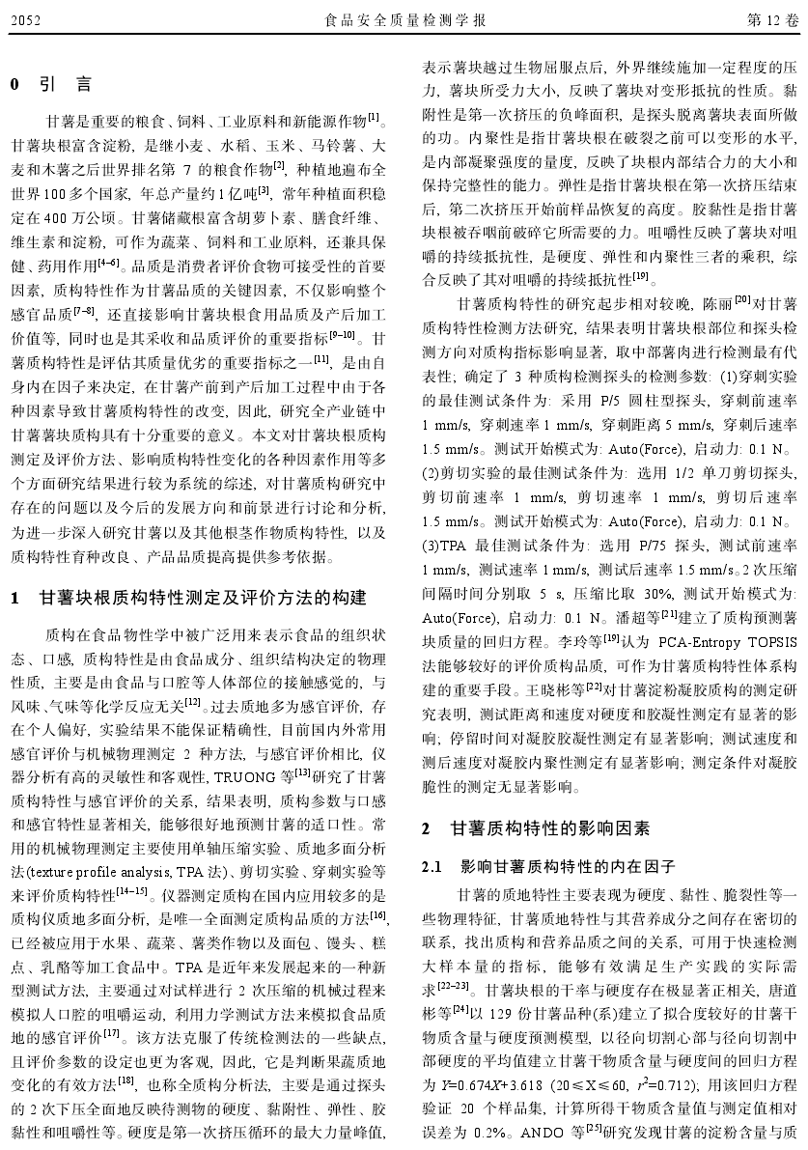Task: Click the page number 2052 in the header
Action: point(25,19)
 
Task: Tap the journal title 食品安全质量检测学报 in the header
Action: point(404,19)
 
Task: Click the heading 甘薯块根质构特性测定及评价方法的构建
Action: point(202,598)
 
